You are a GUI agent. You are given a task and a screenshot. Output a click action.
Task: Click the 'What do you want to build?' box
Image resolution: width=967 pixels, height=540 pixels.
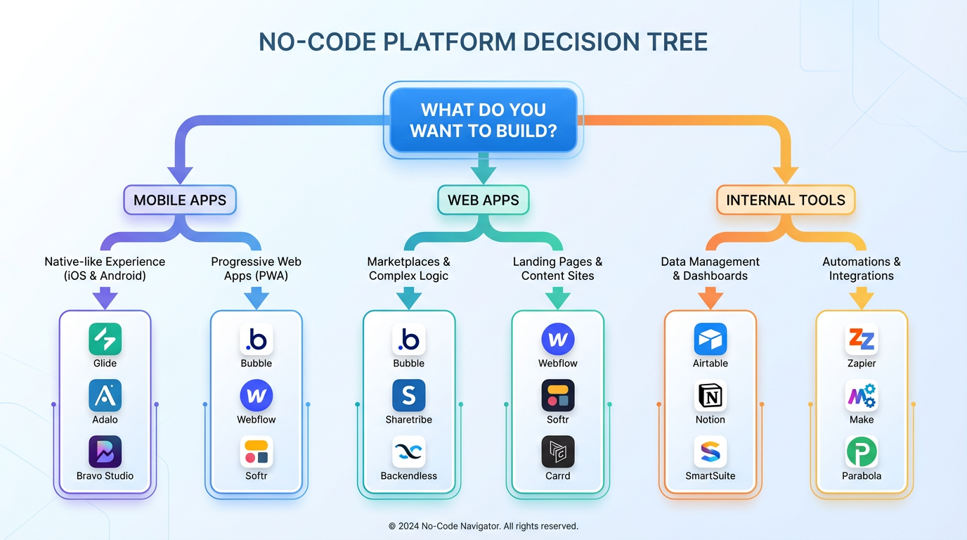coord(483,120)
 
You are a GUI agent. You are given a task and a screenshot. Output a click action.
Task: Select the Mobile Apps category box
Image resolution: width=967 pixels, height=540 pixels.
coord(180,200)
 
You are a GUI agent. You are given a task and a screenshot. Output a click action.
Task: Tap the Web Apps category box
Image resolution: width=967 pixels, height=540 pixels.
coord(483,200)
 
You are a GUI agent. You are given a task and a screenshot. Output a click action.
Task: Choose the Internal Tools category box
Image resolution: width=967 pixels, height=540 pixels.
coord(786,200)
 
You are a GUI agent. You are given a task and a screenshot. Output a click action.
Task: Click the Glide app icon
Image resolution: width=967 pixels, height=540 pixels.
coord(105,340)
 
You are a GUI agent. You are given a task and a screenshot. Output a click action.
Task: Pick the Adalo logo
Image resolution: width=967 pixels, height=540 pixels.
coord(105,396)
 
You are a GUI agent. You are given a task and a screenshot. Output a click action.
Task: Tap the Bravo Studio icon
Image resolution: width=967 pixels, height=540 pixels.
coord(105,452)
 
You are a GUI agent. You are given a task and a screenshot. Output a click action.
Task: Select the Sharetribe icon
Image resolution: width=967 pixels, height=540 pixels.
coord(409,396)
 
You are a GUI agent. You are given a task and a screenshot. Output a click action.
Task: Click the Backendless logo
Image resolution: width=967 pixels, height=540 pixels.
coord(409,452)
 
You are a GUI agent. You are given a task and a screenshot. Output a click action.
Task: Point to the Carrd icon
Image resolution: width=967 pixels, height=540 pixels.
coord(558,452)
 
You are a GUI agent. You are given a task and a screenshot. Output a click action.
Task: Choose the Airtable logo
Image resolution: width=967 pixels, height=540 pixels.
coord(710,340)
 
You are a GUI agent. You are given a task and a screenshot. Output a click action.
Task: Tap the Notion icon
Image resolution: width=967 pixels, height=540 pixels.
coord(710,396)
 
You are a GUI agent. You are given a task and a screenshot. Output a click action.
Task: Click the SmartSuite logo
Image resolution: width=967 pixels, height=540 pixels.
coord(710,452)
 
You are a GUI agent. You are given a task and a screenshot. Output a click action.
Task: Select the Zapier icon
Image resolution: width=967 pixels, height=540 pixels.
coord(862,340)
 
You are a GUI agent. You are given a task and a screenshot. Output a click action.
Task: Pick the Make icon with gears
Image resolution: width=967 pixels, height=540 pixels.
coord(862,396)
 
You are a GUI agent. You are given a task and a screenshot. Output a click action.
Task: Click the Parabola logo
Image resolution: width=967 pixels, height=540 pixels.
coord(862,452)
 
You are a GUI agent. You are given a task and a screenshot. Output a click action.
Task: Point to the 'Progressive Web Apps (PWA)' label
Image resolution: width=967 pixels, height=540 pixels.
coord(257,269)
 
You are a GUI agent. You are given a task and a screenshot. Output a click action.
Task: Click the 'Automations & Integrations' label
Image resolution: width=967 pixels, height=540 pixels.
coord(862,269)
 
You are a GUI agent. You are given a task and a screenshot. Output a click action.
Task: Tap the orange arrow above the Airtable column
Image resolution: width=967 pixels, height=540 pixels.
coord(710,299)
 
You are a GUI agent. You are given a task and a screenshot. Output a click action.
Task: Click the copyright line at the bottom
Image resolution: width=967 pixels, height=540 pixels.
coord(483,526)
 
